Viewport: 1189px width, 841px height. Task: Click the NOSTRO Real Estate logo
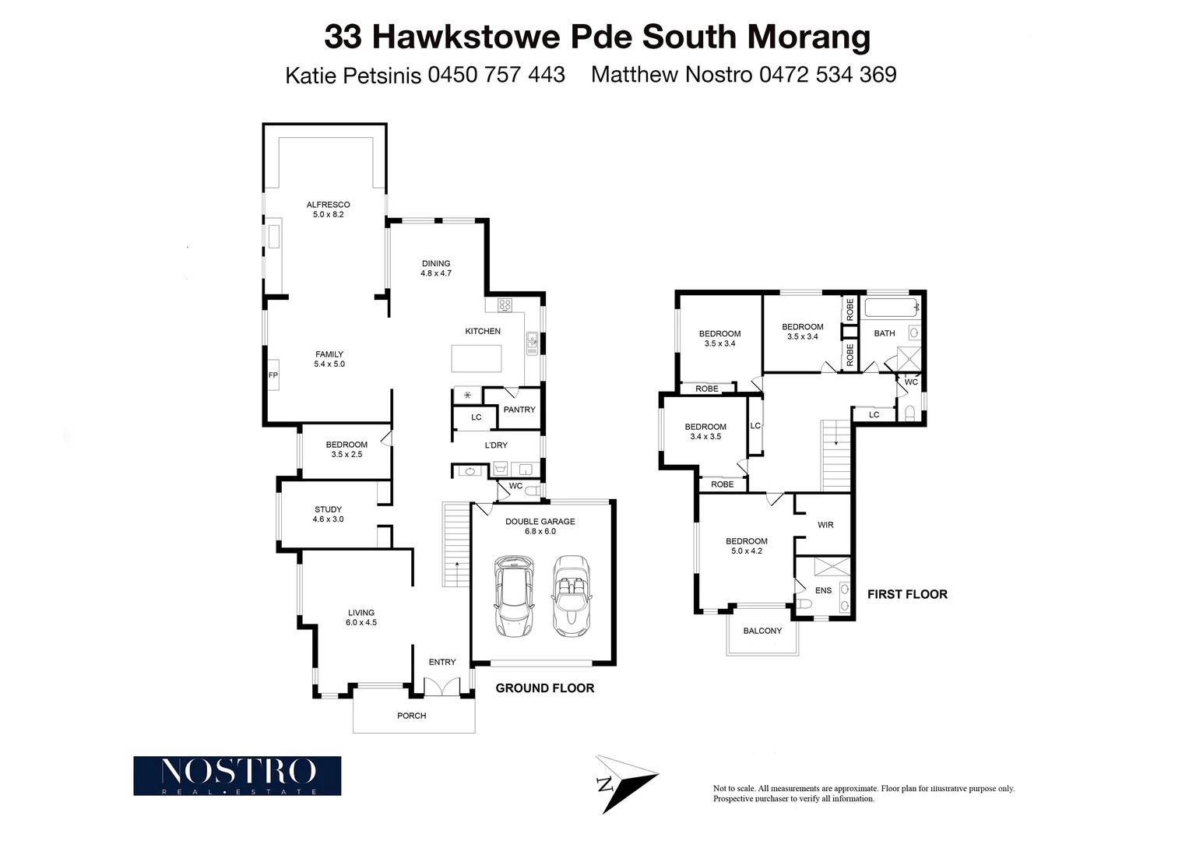237,776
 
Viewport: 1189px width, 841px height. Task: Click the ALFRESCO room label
328,205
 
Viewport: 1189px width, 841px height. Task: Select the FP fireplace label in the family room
273,375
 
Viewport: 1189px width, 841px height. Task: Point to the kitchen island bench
477,358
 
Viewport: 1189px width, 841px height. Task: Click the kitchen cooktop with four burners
504,305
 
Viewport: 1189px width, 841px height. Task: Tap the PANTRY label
519,410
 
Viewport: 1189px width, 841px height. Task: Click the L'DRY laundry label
496,445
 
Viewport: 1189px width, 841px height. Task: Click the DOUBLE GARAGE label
540,522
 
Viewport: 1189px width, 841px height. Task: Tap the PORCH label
412,716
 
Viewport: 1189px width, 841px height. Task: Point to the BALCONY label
762,631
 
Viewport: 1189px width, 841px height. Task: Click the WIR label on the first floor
825,525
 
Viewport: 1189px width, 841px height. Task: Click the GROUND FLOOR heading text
545,688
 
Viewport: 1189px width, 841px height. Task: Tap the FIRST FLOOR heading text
907,594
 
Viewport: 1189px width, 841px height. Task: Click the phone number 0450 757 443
496,75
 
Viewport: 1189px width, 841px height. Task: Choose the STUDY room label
328,510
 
